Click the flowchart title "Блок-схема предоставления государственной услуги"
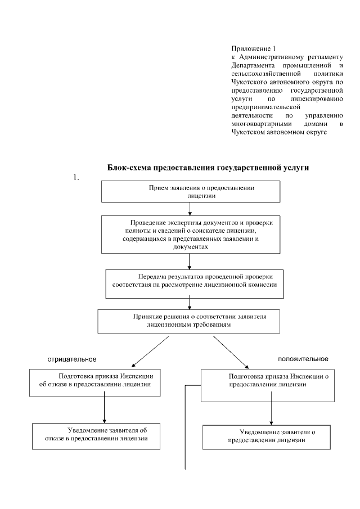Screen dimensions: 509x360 click(208, 168)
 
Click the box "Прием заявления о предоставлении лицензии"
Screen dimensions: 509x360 click(191, 191)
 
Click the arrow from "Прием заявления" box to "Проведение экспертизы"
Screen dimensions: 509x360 click(191, 208)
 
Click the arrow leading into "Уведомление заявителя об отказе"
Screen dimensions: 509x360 click(105, 408)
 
